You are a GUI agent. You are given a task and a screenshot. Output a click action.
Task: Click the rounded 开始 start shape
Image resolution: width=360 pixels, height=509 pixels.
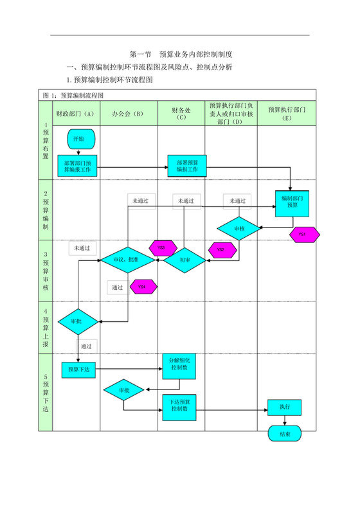80,138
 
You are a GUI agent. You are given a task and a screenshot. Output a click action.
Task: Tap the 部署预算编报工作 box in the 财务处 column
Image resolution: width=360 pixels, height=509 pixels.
186,165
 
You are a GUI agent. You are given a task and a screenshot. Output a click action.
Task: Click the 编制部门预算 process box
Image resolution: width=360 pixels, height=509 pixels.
292,202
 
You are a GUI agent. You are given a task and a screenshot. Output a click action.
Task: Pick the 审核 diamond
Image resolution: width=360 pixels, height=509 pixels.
239,228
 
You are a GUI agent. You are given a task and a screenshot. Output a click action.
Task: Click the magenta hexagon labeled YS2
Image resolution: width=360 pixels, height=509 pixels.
221,249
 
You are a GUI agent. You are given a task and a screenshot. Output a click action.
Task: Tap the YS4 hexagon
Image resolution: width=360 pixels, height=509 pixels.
142,287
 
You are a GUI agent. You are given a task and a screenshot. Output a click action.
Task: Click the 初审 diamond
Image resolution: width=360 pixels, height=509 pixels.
184,260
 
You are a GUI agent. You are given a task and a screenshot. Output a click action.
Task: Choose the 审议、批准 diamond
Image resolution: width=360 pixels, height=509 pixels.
127,260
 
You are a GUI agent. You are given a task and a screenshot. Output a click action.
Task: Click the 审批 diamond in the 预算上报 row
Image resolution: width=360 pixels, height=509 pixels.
77,321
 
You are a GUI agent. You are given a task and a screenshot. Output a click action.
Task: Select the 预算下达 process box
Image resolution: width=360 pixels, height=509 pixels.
79,370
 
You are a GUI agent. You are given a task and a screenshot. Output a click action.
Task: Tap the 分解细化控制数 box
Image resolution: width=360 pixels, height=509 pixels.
178,364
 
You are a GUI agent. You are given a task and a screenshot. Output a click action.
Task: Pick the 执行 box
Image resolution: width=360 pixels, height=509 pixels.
284,407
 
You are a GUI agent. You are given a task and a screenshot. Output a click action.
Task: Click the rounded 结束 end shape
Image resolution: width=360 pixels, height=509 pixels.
284,434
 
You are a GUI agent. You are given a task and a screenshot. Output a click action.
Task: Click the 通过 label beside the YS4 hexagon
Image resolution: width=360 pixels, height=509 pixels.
117,287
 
